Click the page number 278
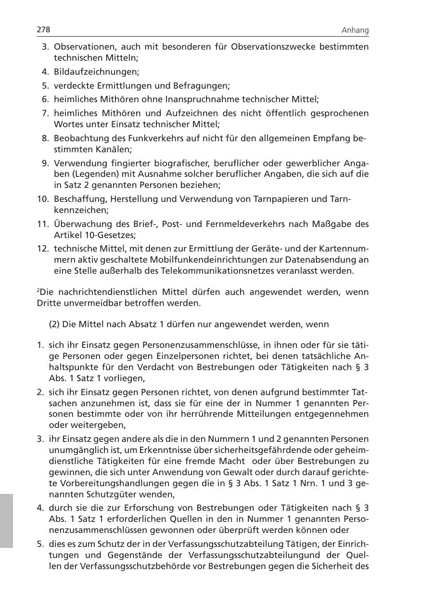[44, 30]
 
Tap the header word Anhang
[355, 30]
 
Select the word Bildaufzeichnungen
[96, 72]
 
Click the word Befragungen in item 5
[205, 86]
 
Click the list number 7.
[46, 113]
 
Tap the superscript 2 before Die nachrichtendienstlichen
[38, 291]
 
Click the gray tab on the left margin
[6, 520]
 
